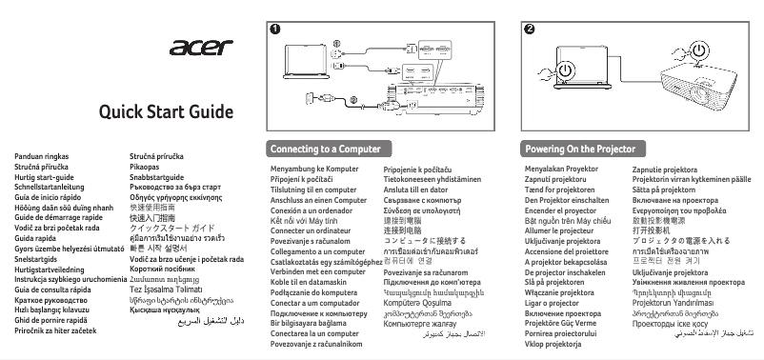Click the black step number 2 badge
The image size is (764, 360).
[x=529, y=28]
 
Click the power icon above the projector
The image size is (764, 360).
[x=700, y=49]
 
